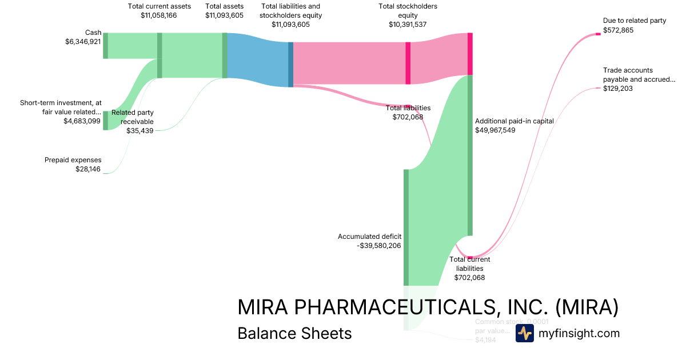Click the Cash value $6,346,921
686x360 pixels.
tap(83, 42)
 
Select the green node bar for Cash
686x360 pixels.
tap(105, 46)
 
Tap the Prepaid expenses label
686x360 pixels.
tap(73, 160)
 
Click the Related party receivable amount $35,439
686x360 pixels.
tap(140, 130)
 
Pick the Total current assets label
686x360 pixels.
tap(159, 6)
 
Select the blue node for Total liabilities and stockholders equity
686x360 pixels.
tap(290, 64)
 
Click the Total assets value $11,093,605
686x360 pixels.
tap(224, 15)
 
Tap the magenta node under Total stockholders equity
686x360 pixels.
tap(408, 63)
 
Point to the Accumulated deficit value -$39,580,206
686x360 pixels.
tap(378, 246)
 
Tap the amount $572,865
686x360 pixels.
tap(618, 30)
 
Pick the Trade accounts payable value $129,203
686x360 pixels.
tap(618, 89)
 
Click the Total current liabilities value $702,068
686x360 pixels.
tap(469, 278)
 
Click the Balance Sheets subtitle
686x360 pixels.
tap(294, 333)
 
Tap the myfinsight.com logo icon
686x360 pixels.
tap(524, 334)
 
